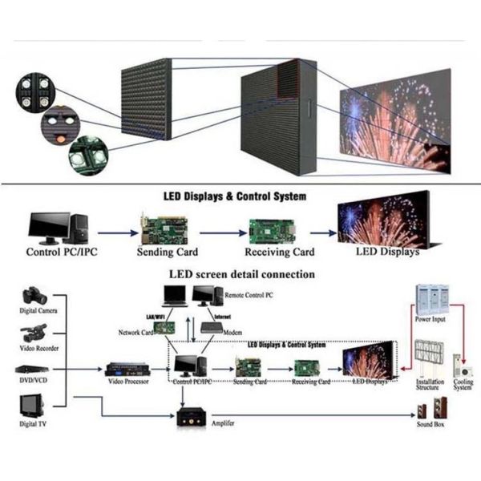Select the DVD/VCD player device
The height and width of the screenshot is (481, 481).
click(x=34, y=369)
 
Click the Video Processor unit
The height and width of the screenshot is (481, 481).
click(x=126, y=370)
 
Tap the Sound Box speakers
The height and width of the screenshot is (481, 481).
click(x=426, y=411)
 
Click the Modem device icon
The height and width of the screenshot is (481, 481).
click(x=212, y=327)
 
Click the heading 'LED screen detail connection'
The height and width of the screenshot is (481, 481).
click(x=241, y=274)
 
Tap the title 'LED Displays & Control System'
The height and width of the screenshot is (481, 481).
click(x=241, y=196)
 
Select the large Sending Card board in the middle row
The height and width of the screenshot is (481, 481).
click(x=164, y=229)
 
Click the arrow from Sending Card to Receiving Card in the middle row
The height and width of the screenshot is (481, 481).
click(x=220, y=233)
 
